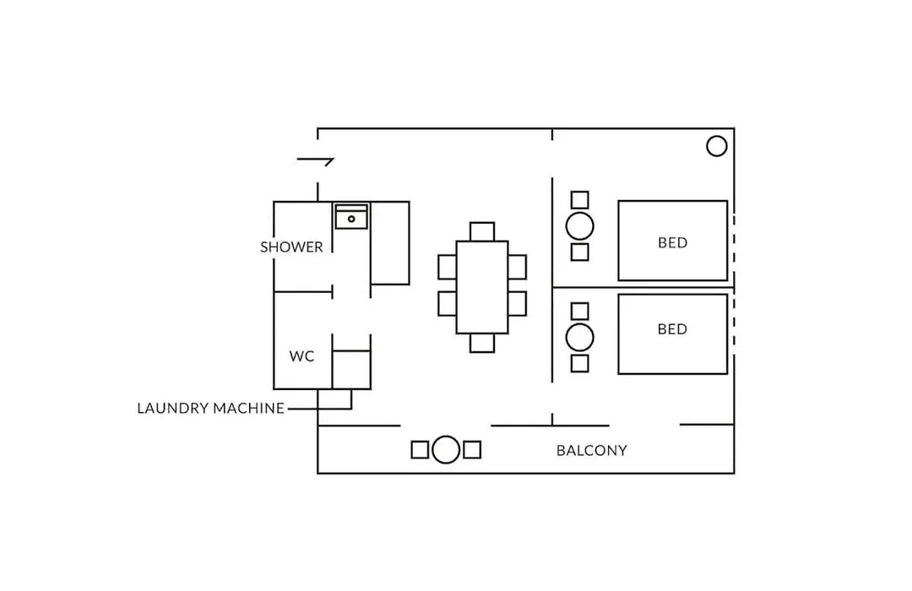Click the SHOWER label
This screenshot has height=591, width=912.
tap(291, 247)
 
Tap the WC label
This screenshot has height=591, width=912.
tap(301, 356)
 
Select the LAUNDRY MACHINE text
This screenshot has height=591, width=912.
tap(210, 409)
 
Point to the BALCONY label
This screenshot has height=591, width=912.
tap(591, 450)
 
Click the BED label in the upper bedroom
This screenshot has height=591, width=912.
tap(672, 242)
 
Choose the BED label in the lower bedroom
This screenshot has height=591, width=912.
tap(672, 329)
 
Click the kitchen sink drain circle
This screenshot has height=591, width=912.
tap(351, 220)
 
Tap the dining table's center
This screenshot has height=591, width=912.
tap(482, 287)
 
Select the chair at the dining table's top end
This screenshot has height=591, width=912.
tap(482, 231)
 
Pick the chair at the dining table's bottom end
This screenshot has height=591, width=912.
tap(482, 343)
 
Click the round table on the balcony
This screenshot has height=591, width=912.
tap(446, 450)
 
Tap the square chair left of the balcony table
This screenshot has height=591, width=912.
tap(420, 450)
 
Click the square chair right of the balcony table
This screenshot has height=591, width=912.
tap(472, 450)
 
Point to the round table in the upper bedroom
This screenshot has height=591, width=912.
tap(580, 226)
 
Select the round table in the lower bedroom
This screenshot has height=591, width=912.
tap(580, 338)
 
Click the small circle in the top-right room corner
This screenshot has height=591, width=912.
tap(717, 146)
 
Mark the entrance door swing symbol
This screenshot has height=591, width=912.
tap(315, 160)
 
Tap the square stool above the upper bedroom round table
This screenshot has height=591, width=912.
tap(580, 199)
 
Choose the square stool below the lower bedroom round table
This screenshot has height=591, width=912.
tap(580, 364)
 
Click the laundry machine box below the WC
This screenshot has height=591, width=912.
tap(334, 399)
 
